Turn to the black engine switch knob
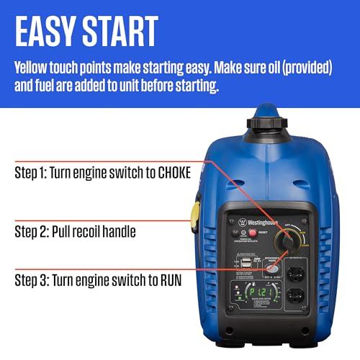(290, 245)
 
